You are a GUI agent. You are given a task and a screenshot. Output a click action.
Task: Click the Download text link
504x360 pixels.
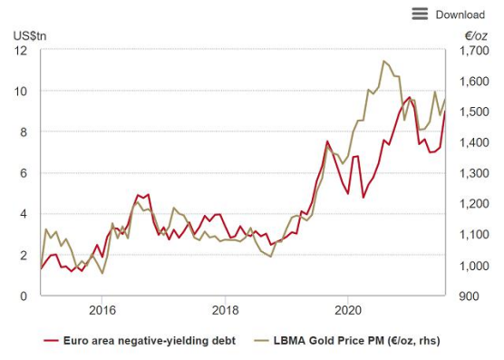coord(460,15)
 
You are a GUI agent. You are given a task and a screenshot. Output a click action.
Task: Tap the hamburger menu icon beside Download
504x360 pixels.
coord(420,14)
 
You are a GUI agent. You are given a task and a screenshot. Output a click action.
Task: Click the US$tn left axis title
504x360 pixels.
coord(30,36)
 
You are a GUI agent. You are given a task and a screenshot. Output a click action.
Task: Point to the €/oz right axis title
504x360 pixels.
coord(476,36)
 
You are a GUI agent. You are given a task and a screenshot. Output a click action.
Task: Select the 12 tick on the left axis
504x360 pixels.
coord(21,51)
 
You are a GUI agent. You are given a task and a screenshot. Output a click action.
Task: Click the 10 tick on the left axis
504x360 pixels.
coord(21,92)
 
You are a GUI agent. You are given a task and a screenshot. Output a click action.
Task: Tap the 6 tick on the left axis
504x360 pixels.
coord(24,173)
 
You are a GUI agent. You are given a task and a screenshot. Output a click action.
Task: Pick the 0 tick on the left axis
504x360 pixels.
coord(24,296)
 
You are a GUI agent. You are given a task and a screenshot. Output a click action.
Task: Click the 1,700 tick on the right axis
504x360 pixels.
coord(474,51)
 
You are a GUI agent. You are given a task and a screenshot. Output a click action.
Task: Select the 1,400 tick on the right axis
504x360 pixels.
coord(474,142)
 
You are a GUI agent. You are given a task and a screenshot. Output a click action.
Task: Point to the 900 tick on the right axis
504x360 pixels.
coord(469,296)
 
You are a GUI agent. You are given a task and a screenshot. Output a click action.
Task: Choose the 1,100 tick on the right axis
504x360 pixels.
coord(474,235)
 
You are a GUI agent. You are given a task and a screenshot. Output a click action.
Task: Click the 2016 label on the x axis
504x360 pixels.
coord(102,310)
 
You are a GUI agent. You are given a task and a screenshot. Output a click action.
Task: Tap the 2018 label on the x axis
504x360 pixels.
coord(226,310)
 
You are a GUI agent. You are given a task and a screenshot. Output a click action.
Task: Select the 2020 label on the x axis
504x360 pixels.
coord(348,310)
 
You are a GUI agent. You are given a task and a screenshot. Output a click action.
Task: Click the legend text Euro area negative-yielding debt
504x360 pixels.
coord(150,341)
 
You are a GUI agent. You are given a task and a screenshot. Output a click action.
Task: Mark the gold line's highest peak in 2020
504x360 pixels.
coord(383,61)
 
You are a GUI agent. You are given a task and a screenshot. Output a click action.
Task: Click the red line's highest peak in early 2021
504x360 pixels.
coord(409,97)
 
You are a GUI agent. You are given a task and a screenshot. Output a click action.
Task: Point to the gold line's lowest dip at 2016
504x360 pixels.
coord(102,273)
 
